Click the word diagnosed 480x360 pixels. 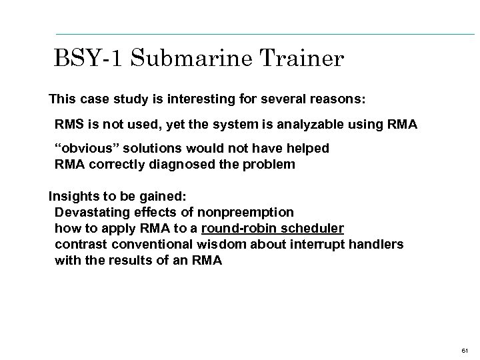190,163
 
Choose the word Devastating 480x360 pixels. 93,213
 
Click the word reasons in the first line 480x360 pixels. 337,100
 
